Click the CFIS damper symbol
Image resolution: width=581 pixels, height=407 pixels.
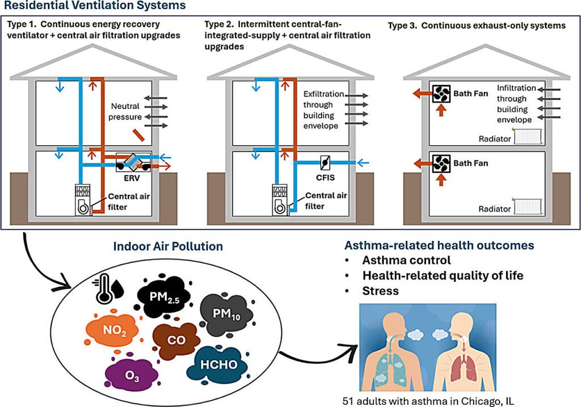pyautogui.click(x=325, y=162)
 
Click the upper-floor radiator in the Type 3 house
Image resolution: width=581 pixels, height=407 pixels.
pyautogui.click(x=528, y=136)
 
